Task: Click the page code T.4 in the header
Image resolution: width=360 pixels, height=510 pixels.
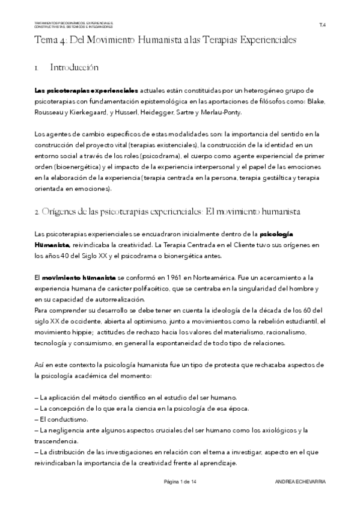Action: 323,25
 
